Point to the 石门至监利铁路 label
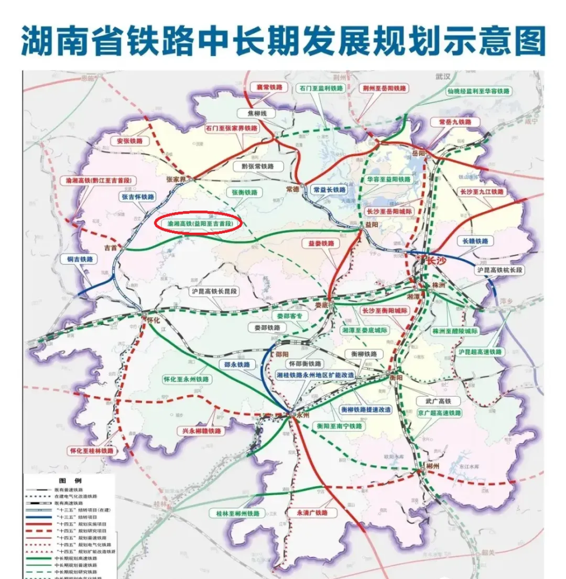pos(320,88)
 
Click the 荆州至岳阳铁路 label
pos(384,88)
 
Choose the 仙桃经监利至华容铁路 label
pos(479,91)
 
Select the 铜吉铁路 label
pos(79,259)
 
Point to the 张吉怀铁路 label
pos(136,197)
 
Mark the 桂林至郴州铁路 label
pos(237,513)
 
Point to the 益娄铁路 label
pos(320,243)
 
